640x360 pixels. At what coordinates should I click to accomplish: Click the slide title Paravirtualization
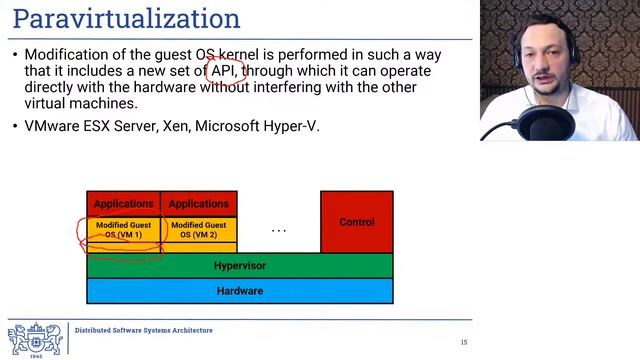coord(126,19)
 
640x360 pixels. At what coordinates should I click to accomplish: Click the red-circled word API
coord(222,72)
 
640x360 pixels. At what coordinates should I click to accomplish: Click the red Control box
coord(356,222)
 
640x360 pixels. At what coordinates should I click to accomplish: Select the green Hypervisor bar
coord(240,266)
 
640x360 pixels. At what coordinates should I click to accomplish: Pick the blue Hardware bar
coord(240,291)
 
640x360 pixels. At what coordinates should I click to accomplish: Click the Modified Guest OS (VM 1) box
coord(123,230)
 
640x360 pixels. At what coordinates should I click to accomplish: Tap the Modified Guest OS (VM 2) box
coord(198,230)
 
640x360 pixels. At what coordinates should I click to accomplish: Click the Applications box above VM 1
coord(123,204)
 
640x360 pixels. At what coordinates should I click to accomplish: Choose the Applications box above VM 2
coord(198,204)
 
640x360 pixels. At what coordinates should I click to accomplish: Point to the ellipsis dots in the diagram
coord(279,231)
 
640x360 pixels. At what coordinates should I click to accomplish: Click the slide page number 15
coord(464,343)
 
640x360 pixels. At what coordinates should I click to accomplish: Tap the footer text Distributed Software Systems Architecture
coord(144,330)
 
